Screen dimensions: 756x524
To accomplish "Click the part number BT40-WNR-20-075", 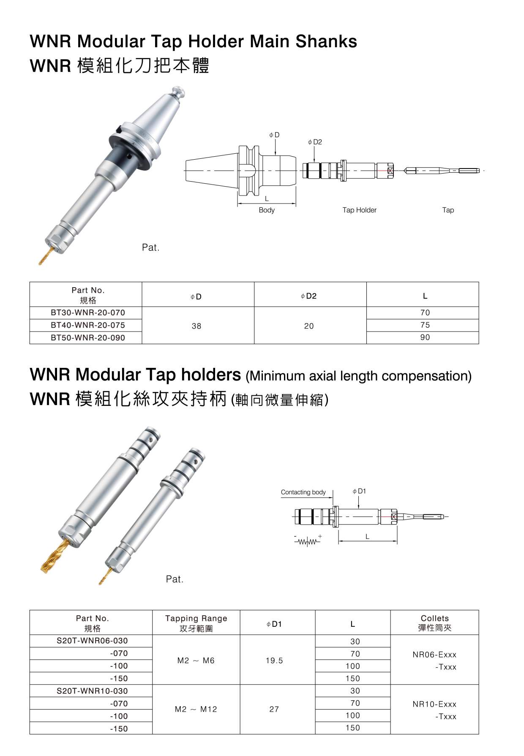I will click(x=88, y=325).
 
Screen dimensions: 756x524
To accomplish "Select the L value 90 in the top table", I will click(x=425, y=337).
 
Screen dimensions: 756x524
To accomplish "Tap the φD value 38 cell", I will click(x=196, y=326).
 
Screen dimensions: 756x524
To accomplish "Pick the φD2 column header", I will click(x=309, y=296).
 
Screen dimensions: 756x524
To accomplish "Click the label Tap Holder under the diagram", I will click(x=359, y=210).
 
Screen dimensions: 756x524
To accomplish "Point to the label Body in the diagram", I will click(x=267, y=210).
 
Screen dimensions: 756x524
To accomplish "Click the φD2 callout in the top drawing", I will click(x=315, y=142).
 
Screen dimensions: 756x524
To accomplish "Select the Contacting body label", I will click(x=303, y=492).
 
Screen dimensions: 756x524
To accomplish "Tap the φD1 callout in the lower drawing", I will click(x=359, y=491).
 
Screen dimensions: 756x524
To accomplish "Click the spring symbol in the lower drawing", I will click(x=308, y=541).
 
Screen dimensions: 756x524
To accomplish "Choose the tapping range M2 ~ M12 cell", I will click(x=196, y=709).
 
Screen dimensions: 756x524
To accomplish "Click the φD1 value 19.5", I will click(x=274, y=661).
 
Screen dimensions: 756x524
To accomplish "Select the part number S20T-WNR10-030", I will click(x=92, y=691).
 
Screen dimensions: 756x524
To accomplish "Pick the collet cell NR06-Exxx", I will click(x=434, y=655).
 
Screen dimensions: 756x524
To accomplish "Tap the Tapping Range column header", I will click(x=196, y=623).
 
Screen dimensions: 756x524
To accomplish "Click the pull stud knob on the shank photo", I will click(x=178, y=91).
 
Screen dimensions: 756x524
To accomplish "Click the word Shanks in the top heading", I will click(x=326, y=41).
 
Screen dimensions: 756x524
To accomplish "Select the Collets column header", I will click(x=434, y=623).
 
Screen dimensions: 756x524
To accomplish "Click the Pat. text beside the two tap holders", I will click(x=175, y=579).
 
